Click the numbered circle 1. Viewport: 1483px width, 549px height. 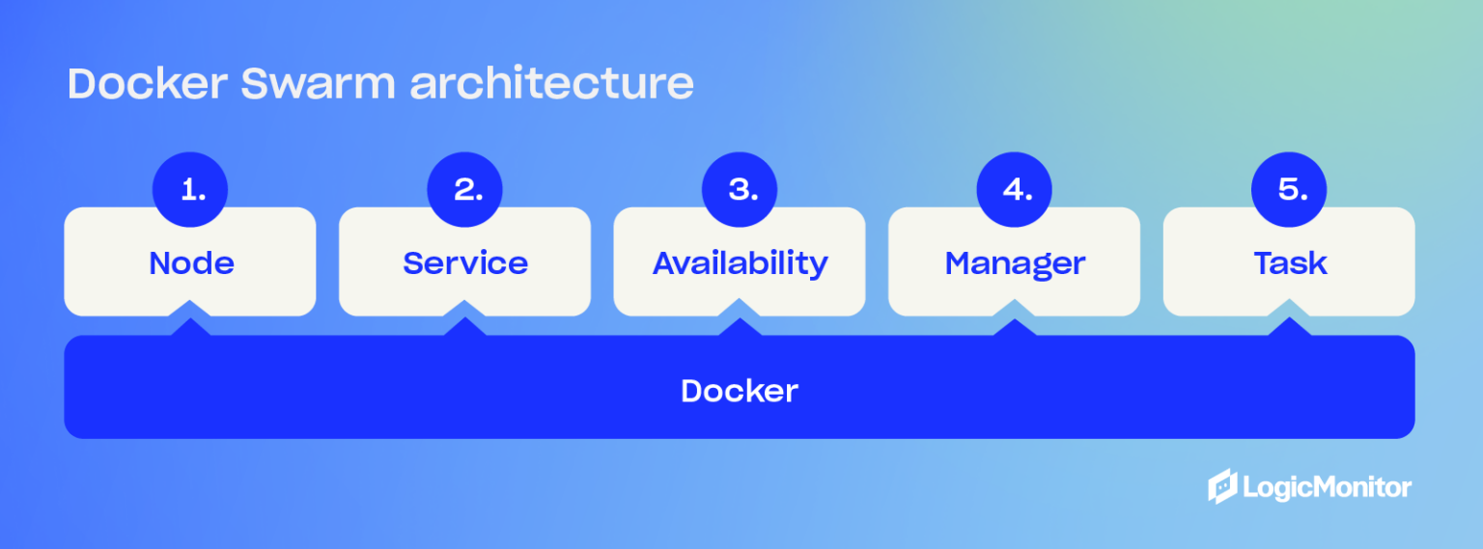[x=190, y=190]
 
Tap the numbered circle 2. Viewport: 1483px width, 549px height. [x=464, y=190]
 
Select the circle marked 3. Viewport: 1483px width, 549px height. [x=740, y=190]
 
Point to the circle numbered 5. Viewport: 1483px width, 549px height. [x=1289, y=190]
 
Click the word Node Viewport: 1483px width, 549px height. [x=191, y=263]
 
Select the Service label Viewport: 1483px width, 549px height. [x=465, y=263]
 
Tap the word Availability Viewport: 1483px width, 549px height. [x=740, y=263]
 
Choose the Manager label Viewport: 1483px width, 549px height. [x=1015, y=263]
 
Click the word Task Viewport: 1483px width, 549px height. [x=1290, y=263]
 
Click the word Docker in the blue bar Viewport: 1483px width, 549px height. [x=740, y=391]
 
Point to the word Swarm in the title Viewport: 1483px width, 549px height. [x=319, y=84]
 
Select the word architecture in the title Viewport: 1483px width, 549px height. [x=551, y=84]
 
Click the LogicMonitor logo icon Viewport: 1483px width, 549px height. [x=1222, y=486]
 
